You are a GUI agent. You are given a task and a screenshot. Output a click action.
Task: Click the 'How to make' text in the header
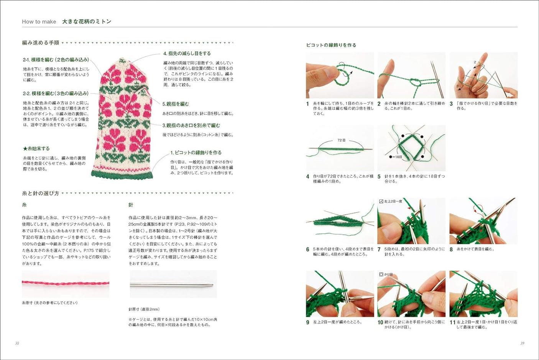coord(39,22)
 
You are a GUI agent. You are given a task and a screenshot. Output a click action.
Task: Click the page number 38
coord(17,343)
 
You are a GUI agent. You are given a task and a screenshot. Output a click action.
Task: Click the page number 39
coord(522,343)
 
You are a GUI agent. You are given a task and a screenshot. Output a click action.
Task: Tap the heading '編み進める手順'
coord(41,43)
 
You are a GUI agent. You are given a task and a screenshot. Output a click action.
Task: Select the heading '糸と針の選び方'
coord(41,193)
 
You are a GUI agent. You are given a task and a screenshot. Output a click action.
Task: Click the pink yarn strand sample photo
coord(66,284)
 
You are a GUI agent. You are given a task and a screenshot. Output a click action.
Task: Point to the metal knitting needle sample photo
coord(173,284)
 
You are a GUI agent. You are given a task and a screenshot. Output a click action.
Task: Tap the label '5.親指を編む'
coord(176,104)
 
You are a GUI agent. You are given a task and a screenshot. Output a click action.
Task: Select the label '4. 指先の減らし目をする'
coord(187,53)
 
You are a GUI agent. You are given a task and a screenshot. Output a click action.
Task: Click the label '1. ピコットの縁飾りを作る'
coord(196,153)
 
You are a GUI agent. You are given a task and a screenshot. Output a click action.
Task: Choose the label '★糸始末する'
coord(36,148)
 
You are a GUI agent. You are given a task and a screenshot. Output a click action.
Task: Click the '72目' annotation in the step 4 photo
coord(341,140)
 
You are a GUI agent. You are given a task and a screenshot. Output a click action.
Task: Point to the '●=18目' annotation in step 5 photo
coord(395,157)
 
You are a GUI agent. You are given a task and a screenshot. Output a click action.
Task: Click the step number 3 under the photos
coord(451,104)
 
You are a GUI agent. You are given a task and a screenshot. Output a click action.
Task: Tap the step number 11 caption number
coord(452,322)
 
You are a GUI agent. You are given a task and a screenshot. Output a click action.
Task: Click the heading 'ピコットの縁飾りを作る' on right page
coord(331,45)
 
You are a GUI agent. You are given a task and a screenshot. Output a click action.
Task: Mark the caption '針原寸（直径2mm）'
coord(144,309)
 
